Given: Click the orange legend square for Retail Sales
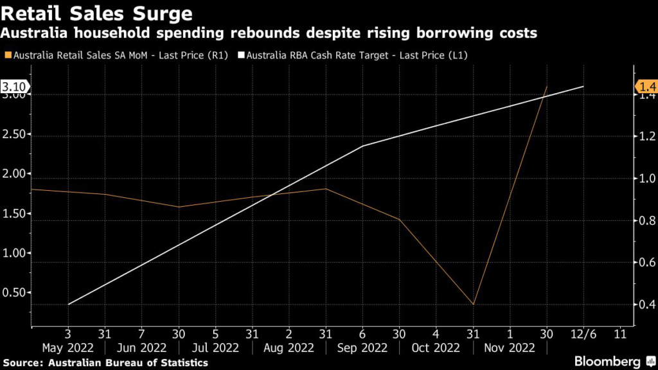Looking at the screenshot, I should point(7,56).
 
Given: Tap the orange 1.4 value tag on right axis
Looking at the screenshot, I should point(646,87).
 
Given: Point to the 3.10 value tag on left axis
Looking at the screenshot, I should point(14,87).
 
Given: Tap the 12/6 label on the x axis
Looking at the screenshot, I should point(583,335).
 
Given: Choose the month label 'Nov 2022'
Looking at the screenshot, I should point(510,348).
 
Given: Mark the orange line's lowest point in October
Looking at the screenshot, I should point(474,304).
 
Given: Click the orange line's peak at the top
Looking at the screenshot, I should point(547,87).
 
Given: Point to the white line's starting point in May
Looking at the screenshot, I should point(67,304).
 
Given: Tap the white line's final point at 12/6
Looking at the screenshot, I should point(583,87).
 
